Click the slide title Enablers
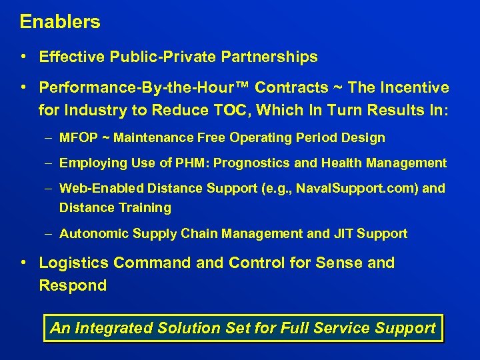click(x=60, y=22)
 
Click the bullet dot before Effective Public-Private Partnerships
click(x=23, y=57)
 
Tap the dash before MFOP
click(x=51, y=138)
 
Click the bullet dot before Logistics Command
click(x=23, y=263)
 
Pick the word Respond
click(x=73, y=285)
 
